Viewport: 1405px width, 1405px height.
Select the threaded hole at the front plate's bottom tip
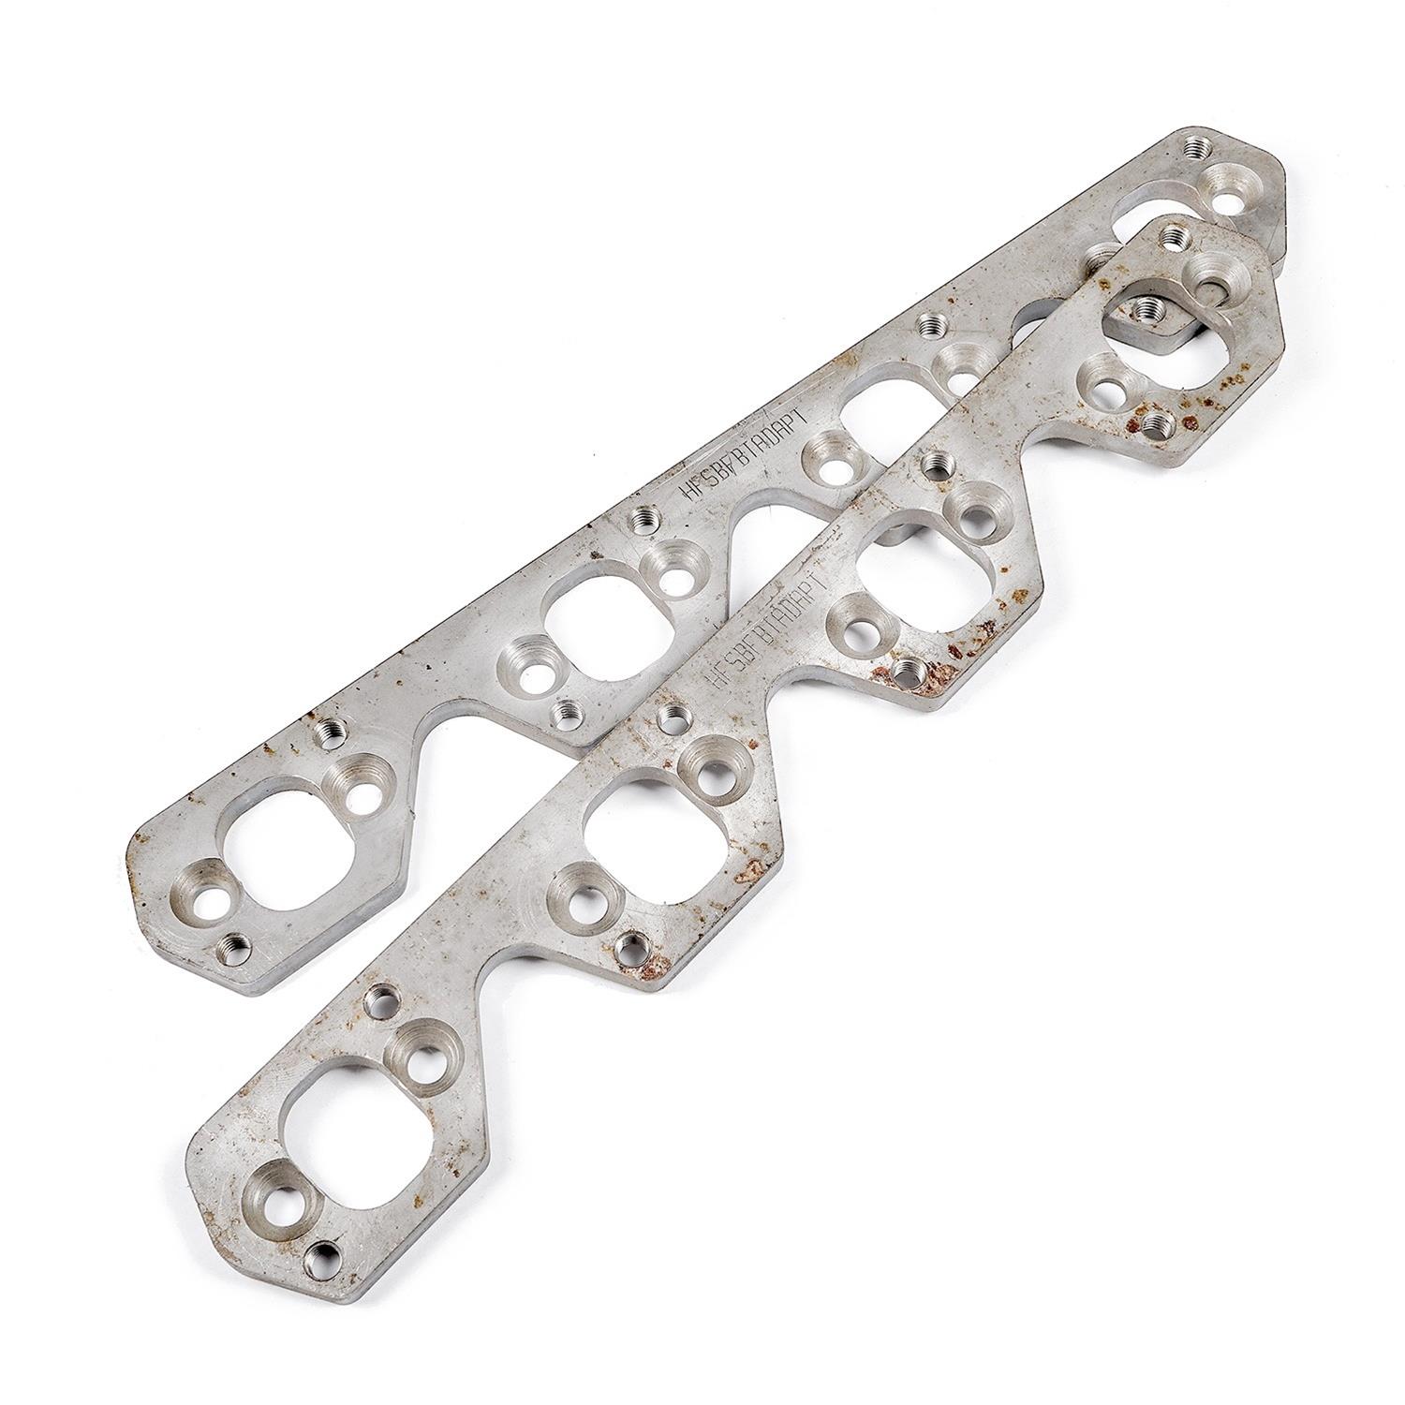click(x=327, y=1250)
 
